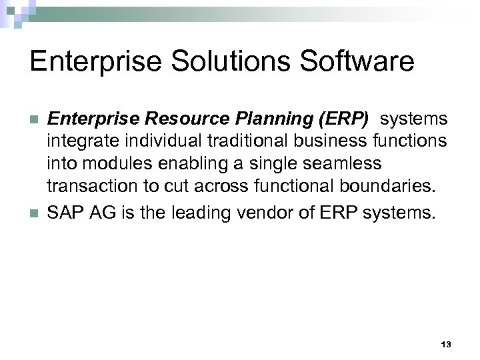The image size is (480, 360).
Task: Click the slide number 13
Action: coord(446,344)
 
